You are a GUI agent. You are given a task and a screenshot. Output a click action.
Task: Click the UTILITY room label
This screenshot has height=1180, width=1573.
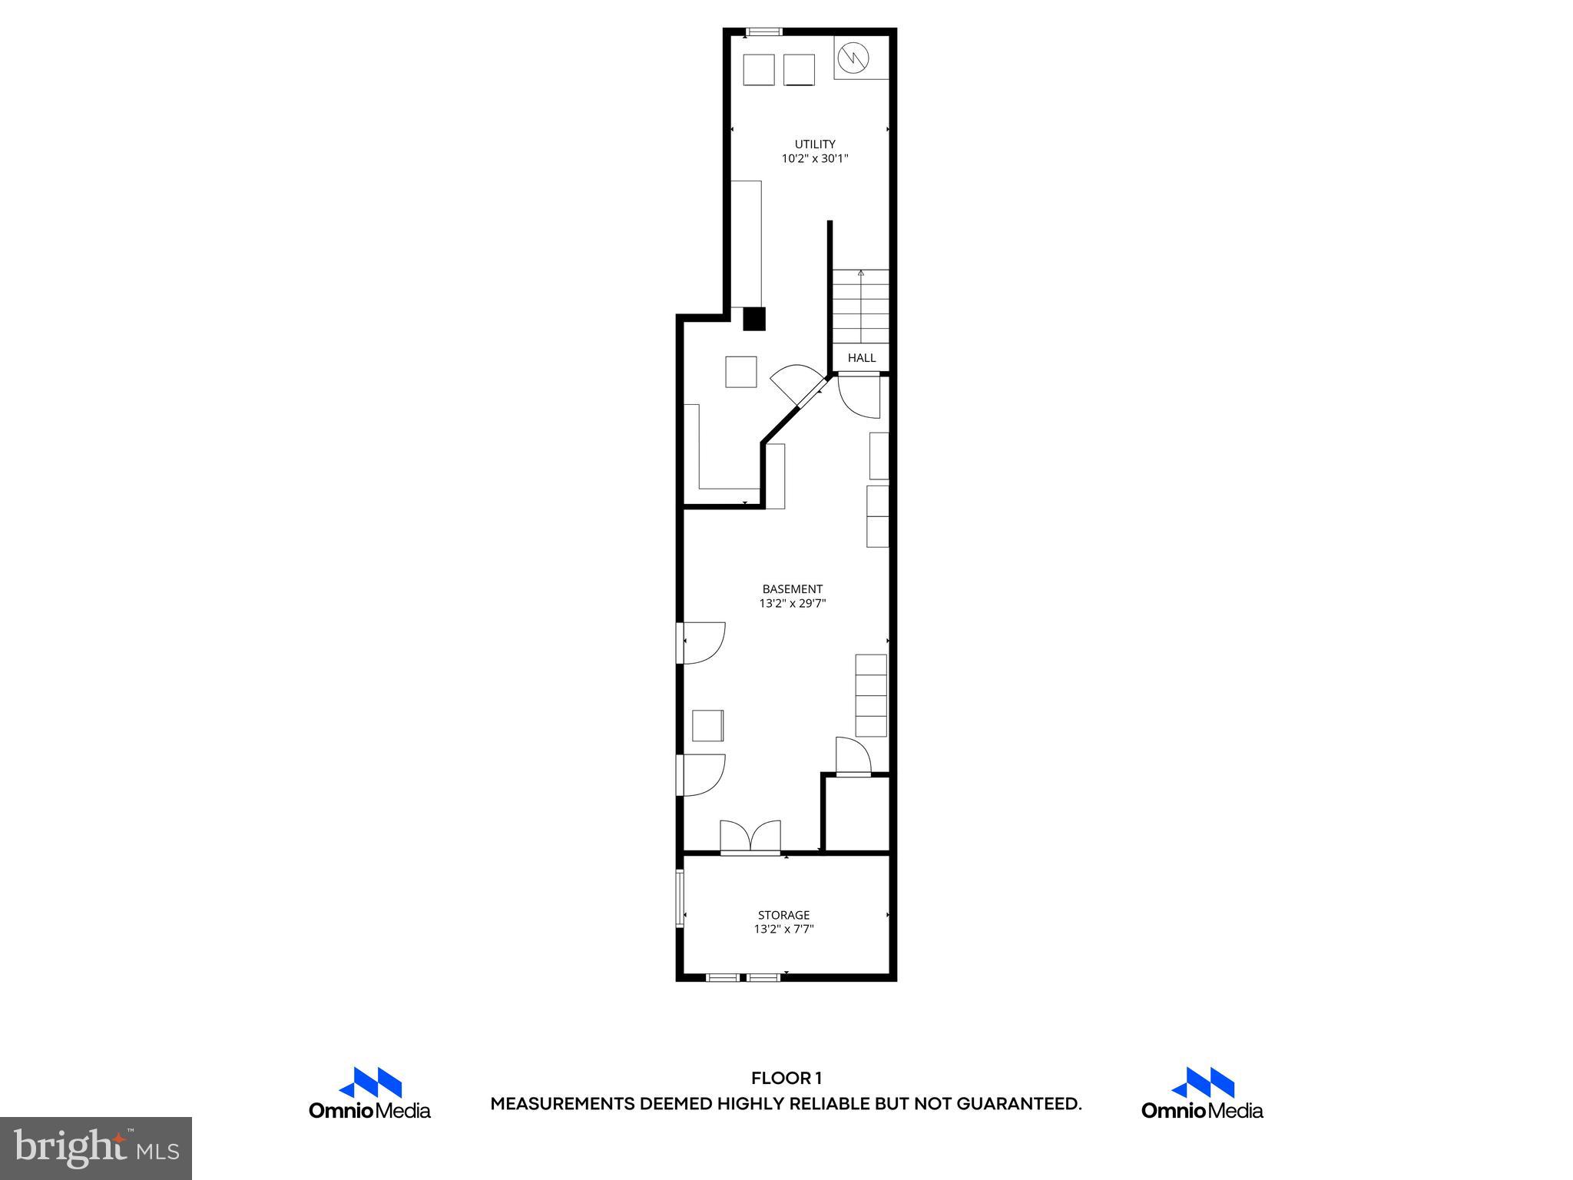pos(814,144)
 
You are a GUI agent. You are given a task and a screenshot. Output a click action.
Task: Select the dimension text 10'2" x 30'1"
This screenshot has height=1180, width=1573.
pos(814,159)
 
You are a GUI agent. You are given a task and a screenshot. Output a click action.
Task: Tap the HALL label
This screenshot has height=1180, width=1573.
pos(861,358)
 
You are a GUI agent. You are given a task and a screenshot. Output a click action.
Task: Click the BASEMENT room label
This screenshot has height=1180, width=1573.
pos(792,589)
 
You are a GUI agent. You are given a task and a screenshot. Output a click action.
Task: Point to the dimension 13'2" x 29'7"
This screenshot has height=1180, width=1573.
pos(792,604)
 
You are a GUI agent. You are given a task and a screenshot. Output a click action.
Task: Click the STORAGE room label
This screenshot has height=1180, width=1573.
pos(783,915)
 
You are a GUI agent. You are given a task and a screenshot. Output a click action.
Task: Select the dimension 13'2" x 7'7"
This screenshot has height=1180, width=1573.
pos(783,930)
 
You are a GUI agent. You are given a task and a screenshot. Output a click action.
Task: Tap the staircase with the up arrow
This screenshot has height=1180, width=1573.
pos(860,307)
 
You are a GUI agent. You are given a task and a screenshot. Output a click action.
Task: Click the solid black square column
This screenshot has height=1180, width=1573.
pos(753,319)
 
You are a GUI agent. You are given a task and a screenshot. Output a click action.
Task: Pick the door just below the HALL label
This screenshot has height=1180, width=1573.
pos(859,396)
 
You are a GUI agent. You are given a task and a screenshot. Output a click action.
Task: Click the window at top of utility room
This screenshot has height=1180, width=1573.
pos(764,31)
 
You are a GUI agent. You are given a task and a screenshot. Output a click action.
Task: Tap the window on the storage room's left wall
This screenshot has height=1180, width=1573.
pos(680,899)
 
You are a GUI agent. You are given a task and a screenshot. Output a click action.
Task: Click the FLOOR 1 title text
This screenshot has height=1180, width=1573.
pos(786,1079)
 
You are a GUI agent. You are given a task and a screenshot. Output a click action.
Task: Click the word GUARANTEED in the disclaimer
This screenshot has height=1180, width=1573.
pos(1018,1105)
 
